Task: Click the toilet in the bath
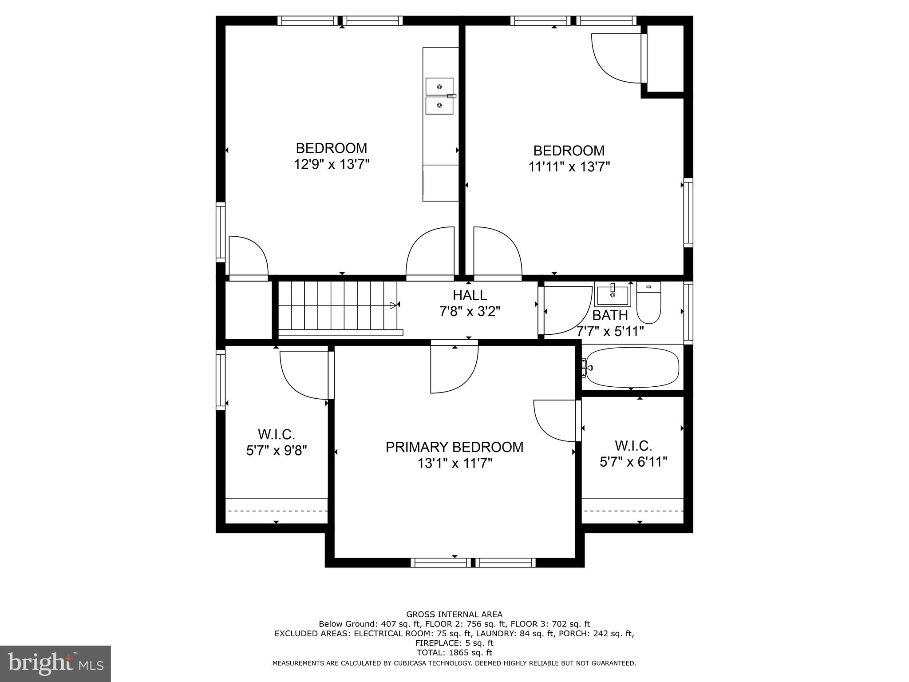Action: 648,303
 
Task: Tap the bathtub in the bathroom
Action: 632,367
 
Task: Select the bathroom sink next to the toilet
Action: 613,294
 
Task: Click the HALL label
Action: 470,295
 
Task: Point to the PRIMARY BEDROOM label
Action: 454,447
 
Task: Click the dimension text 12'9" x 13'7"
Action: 331,165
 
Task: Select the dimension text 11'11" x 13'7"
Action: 569,167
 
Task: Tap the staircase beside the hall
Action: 337,306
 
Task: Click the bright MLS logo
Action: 55,663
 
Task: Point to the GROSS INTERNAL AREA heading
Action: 454,615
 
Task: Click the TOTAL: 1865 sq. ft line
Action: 454,653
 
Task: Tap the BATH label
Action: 610,315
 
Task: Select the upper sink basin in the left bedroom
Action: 439,87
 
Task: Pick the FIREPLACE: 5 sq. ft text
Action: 454,643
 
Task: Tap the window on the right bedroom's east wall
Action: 688,213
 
